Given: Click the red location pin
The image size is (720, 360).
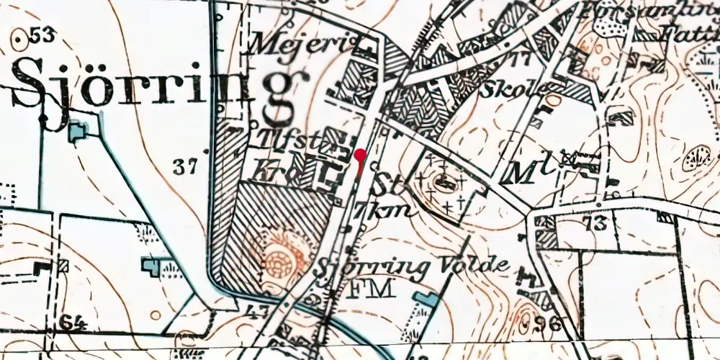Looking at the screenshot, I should [360, 155].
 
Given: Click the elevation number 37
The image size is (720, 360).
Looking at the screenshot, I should [185, 168].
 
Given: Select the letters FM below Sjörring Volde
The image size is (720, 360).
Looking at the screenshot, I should [372, 289].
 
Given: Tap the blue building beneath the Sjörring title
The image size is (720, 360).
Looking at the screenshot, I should [78, 131].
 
